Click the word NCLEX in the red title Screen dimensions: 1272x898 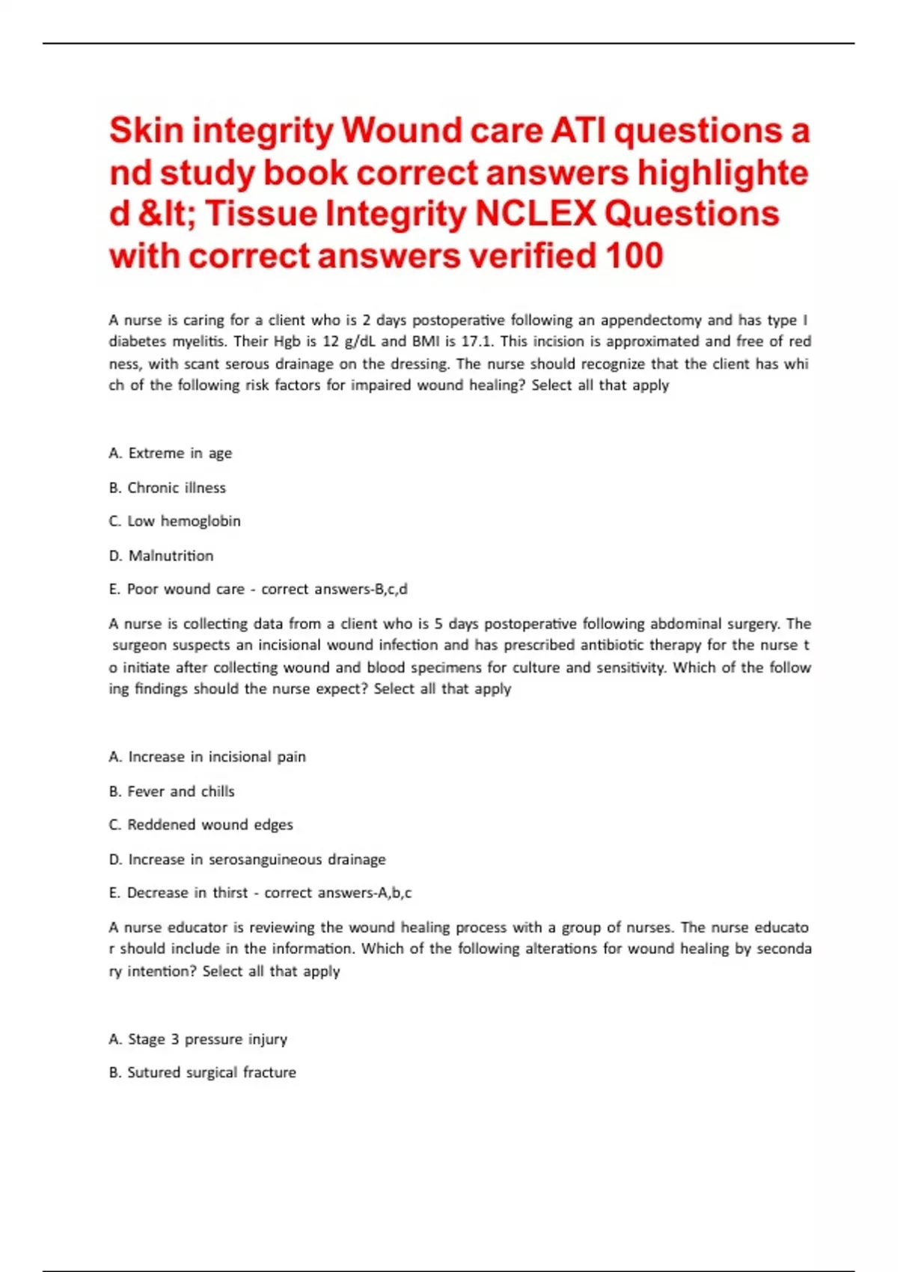click(x=536, y=214)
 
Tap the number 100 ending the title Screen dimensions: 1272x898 click(x=635, y=256)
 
